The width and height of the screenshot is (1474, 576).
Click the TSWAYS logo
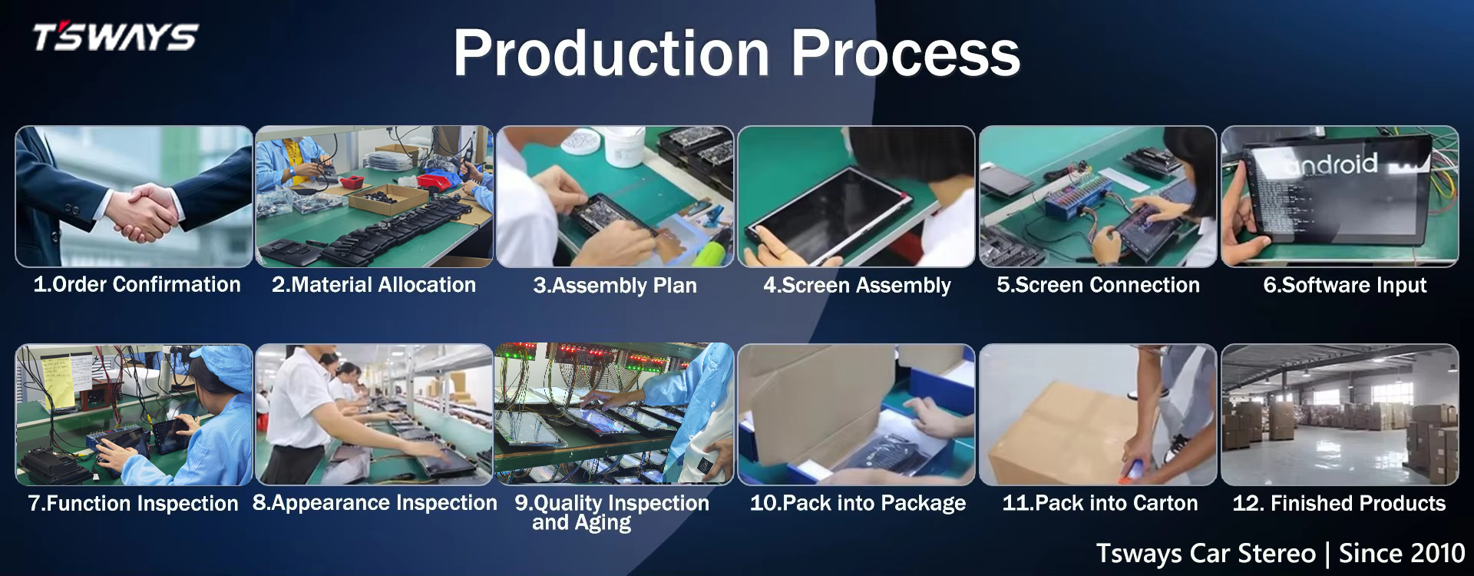(x=115, y=36)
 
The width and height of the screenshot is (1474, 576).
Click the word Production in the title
(x=611, y=53)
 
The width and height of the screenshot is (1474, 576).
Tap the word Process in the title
(x=906, y=53)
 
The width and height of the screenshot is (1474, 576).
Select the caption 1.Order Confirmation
(x=137, y=284)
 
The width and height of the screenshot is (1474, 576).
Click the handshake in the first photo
(x=146, y=212)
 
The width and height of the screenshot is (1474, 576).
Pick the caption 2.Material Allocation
(x=374, y=285)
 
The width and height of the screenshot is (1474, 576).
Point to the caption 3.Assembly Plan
(x=615, y=286)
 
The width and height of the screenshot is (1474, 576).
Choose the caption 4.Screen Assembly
(x=857, y=286)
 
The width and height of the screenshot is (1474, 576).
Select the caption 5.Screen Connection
(x=1098, y=285)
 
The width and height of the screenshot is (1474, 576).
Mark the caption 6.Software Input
(x=1345, y=286)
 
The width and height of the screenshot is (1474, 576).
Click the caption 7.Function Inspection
(x=134, y=504)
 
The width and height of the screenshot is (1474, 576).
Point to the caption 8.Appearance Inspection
(x=375, y=503)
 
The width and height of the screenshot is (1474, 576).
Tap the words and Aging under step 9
(x=581, y=524)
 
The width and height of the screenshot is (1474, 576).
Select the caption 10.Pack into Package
(x=858, y=504)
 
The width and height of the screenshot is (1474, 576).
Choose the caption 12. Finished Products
(x=1339, y=504)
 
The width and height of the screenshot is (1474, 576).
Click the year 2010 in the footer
(x=1432, y=554)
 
